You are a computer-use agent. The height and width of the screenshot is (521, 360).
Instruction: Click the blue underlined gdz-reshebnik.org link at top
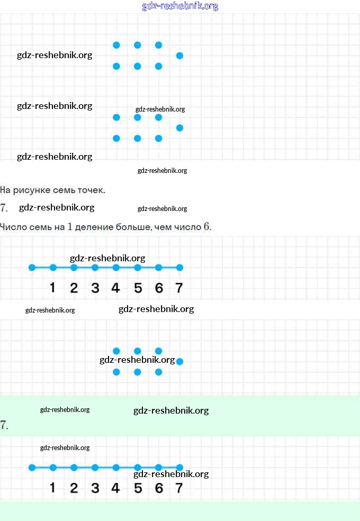pyautogui.click(x=180, y=6)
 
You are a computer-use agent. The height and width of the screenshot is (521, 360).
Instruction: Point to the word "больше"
pyautogui.click(x=132, y=227)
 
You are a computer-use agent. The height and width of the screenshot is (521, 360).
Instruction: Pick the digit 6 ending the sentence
pyautogui.click(x=206, y=227)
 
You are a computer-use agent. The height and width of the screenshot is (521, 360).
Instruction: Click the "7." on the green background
pyautogui.click(x=4, y=425)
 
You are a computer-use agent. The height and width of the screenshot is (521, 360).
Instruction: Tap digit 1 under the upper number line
pyautogui.click(x=52, y=288)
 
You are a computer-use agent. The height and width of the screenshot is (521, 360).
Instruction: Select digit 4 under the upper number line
pyautogui.click(x=116, y=288)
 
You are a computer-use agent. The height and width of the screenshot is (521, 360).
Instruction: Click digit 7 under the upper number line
pyautogui.click(x=179, y=288)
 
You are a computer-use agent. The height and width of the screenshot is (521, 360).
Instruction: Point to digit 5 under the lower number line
pyautogui.click(x=138, y=488)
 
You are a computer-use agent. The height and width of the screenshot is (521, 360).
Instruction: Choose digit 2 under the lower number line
pyautogui.click(x=74, y=488)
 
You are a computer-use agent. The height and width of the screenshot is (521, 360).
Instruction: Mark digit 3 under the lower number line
pyautogui.click(x=95, y=488)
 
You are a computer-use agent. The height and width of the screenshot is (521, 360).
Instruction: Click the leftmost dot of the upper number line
pyautogui.click(x=32, y=268)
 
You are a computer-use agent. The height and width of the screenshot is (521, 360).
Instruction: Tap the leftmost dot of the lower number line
pyautogui.click(x=32, y=468)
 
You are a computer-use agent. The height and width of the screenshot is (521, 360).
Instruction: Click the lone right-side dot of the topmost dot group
pyautogui.click(x=179, y=56)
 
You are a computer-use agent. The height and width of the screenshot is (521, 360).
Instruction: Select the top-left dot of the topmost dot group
pyautogui.click(x=116, y=45)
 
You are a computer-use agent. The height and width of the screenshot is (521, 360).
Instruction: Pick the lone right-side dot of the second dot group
pyautogui.click(x=179, y=127)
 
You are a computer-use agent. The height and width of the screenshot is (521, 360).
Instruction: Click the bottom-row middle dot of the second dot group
pyautogui.click(x=138, y=139)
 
